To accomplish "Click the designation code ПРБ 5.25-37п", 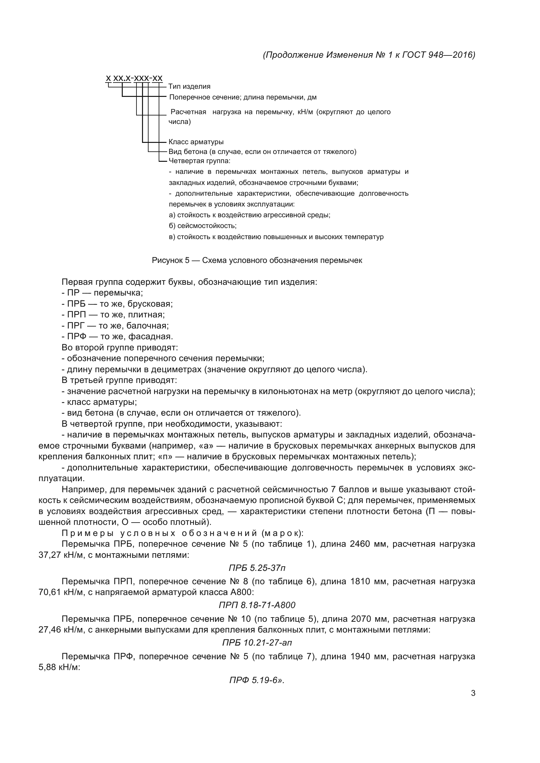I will pyautogui.click(x=257, y=568).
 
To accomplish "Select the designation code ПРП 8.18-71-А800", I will pyautogui.click(x=257, y=605).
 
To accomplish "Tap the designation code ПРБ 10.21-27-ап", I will pyautogui.click(x=257, y=643).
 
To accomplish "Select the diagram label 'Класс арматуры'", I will pyautogui.click(x=196, y=142).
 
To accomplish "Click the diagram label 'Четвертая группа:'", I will pyautogui.click(x=199, y=161).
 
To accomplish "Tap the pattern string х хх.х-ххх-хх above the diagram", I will pyautogui.click(x=134, y=78).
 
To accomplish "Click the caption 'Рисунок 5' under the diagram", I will pyautogui.click(x=170, y=260).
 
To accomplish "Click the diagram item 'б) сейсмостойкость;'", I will pyautogui.click(x=202, y=226).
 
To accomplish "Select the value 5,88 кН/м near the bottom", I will pyautogui.click(x=59, y=667).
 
